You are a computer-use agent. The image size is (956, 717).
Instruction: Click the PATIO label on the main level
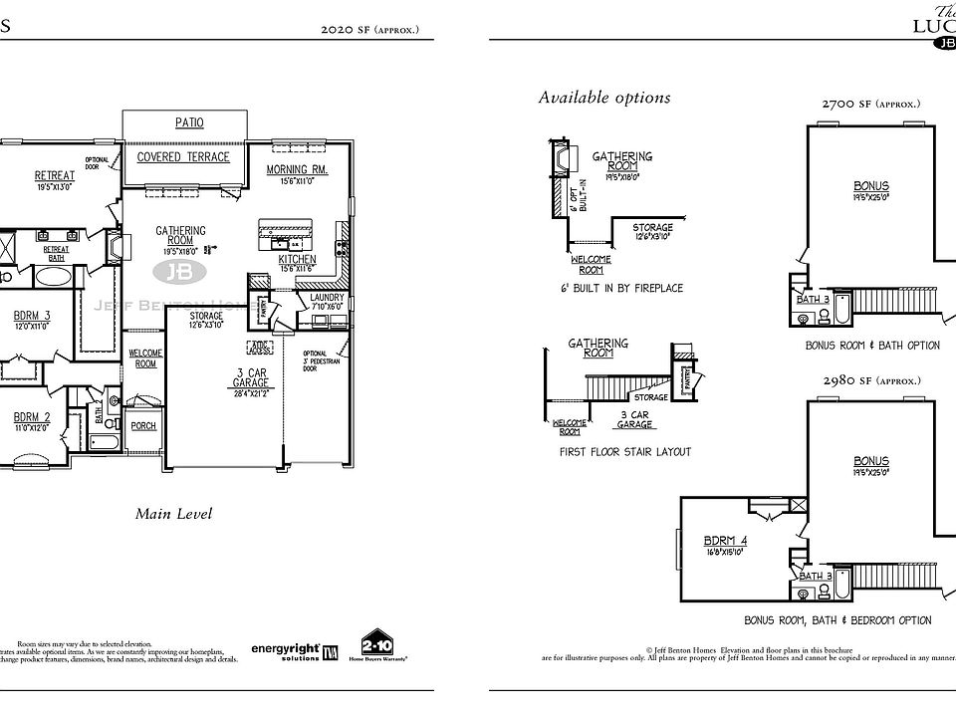tap(189, 122)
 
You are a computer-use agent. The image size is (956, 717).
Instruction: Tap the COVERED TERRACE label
tap(183, 157)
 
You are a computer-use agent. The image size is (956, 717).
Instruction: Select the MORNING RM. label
tap(297, 170)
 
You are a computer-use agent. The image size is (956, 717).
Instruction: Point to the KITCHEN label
tap(297, 259)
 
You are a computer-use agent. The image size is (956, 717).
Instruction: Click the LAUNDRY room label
tap(327, 298)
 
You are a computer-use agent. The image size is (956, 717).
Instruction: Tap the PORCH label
tap(143, 425)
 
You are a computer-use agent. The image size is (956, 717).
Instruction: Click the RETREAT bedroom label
tap(55, 176)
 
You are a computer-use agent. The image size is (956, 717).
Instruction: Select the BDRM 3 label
tap(32, 315)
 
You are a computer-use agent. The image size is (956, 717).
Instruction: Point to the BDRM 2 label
tap(32, 417)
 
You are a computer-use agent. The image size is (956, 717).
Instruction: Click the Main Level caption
tap(173, 514)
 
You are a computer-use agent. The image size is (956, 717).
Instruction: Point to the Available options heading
tap(604, 98)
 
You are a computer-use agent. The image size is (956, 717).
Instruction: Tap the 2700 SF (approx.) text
tap(870, 104)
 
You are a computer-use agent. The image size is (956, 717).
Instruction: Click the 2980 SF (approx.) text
tap(870, 380)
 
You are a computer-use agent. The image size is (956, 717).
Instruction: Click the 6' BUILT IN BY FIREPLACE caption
tap(621, 288)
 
